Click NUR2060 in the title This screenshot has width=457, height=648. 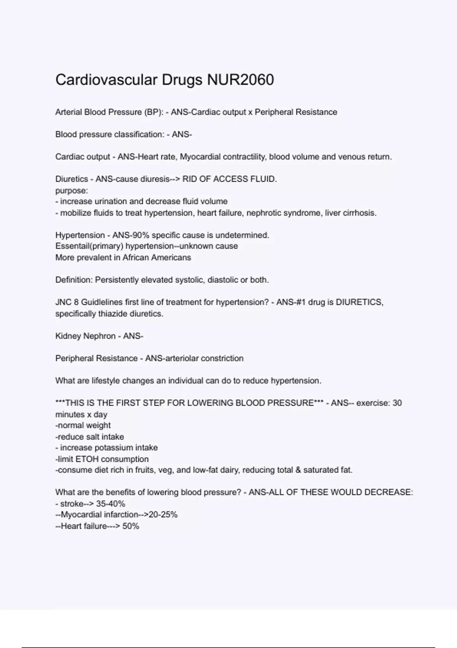(x=240, y=80)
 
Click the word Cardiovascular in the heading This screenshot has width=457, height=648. (x=106, y=80)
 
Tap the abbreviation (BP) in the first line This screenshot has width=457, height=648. (x=153, y=112)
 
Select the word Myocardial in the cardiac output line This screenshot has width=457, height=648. (x=200, y=157)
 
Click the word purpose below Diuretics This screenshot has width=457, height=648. (x=71, y=190)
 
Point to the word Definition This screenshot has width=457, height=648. (x=74, y=280)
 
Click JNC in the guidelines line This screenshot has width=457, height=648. (x=63, y=302)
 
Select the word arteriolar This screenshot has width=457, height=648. (x=181, y=358)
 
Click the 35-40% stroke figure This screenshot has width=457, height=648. (x=111, y=504)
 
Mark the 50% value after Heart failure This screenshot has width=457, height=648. (x=131, y=526)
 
